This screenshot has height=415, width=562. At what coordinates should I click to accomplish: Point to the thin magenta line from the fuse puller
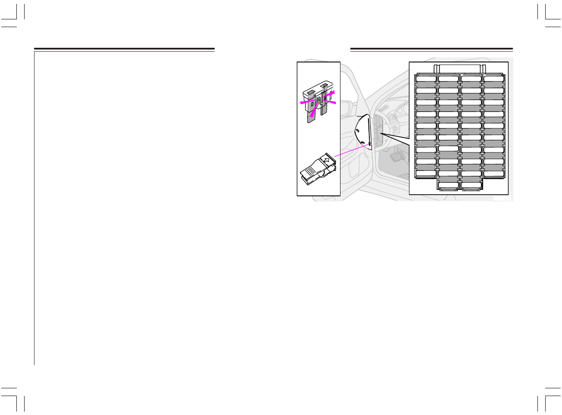tap(350, 150)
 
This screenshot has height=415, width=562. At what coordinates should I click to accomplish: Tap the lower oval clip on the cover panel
tap(363, 142)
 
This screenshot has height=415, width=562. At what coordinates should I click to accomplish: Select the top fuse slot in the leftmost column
tap(426, 79)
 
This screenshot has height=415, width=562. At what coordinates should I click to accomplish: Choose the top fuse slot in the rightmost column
tap(493, 79)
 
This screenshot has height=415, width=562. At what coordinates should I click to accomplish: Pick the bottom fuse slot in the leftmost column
tap(426, 173)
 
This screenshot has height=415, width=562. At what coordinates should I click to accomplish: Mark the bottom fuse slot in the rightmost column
tap(493, 173)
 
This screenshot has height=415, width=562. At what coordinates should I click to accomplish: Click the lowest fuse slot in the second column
tap(448, 186)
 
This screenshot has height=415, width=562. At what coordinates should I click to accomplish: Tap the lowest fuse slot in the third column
tap(471, 186)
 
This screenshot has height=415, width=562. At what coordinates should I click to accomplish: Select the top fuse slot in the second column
tap(448, 79)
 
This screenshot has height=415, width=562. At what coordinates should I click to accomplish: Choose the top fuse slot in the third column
tap(471, 79)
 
